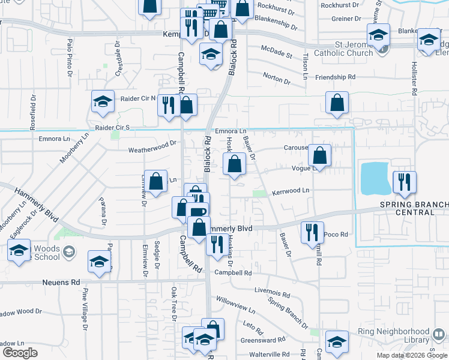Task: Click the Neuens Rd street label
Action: pyautogui.click(x=61, y=281)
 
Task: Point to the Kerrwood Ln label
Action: pyautogui.click(x=290, y=190)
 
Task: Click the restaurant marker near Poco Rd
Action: pyautogui.click(x=311, y=232)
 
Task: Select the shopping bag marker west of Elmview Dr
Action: pyautogui.click(x=155, y=182)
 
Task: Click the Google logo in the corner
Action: pyautogui.click(x=19, y=352)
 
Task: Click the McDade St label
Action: pyautogui.click(x=276, y=52)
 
